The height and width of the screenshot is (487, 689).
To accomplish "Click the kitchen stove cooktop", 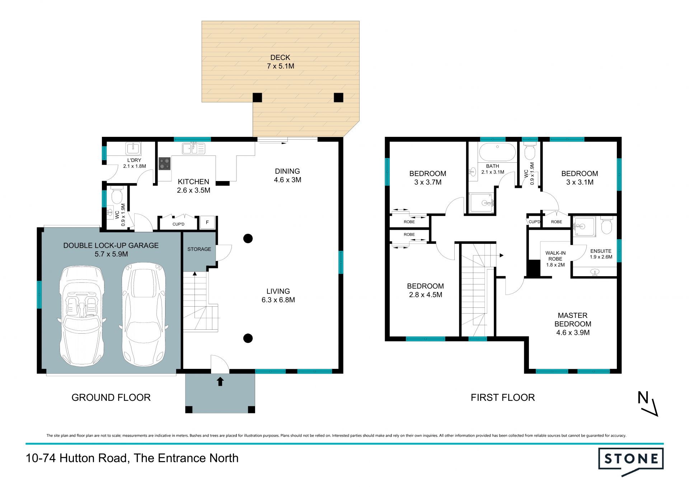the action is click(165, 163).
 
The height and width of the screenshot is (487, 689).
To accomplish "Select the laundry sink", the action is click(133, 148).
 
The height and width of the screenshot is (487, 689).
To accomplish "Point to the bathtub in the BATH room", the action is click(497, 152).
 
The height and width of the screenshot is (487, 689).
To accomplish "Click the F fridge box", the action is click(207, 223).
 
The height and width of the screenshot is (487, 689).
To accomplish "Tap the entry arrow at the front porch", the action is click(220, 381).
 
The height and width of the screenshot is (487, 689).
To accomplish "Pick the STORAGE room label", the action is click(199, 249).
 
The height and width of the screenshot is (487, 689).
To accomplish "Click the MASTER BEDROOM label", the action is click(573, 320).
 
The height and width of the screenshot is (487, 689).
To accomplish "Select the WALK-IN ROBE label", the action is click(556, 256).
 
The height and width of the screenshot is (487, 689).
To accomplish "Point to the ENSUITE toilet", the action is click(606, 225).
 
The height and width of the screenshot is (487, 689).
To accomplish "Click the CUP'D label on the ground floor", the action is click(178, 224).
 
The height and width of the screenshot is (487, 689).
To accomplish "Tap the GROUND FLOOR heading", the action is click(111, 397).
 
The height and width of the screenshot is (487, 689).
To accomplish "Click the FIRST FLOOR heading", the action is click(503, 397).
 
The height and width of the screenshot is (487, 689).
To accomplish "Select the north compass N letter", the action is click(643, 398).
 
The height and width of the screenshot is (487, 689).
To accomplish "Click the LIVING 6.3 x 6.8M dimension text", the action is click(278, 300).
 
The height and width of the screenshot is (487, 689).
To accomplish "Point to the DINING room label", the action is click(287, 171).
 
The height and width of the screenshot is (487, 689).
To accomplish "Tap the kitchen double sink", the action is click(193, 148).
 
